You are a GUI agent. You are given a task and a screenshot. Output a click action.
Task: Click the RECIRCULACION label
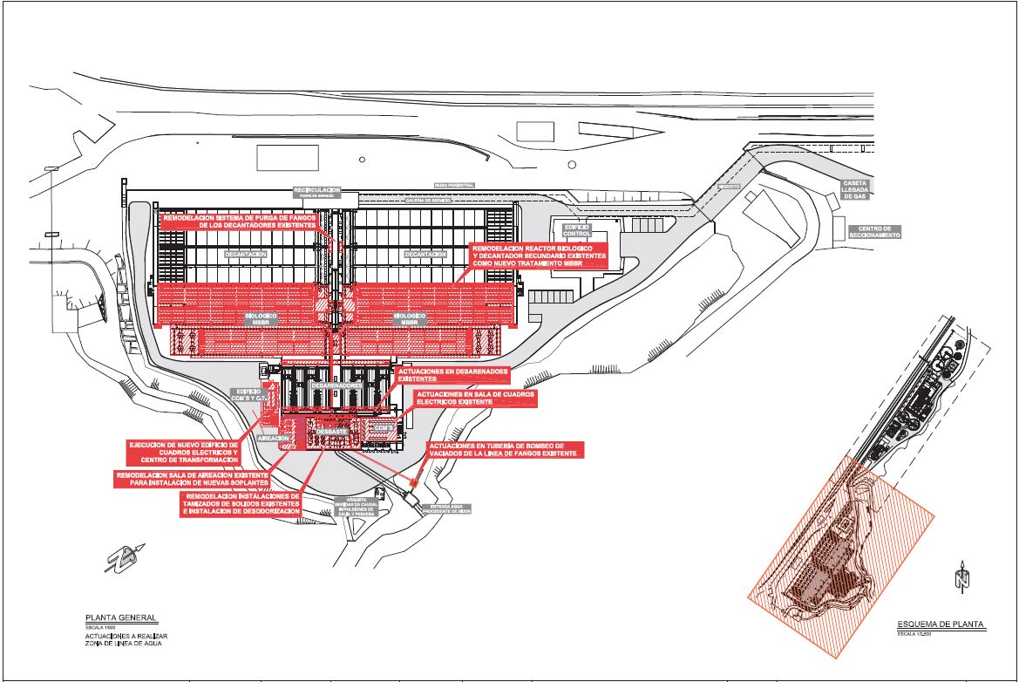[316, 190]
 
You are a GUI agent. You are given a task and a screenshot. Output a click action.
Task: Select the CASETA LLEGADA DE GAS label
[854, 190]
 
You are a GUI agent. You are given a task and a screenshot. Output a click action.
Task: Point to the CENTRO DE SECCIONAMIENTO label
[874, 231]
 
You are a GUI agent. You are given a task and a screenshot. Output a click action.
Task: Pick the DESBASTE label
[332, 431]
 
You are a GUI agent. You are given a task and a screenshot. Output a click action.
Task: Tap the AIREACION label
[272, 439]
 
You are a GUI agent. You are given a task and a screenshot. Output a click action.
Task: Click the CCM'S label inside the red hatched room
[382, 429]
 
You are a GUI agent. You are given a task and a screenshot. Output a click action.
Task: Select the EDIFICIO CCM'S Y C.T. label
[248, 396]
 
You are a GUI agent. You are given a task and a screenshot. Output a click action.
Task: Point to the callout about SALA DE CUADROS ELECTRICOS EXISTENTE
[475, 399]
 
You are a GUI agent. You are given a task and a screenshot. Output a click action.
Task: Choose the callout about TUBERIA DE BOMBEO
[503, 450]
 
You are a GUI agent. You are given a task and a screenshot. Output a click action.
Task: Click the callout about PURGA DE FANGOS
[240, 221]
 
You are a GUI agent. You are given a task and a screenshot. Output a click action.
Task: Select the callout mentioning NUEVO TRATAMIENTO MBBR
[539, 255]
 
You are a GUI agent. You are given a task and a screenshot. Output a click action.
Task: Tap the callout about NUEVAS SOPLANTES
[192, 479]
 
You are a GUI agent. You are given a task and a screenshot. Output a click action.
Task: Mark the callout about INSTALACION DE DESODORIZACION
[241, 503]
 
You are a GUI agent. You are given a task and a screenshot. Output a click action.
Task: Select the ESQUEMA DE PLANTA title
[941, 624]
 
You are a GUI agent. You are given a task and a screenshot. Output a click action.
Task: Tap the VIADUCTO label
[729, 187]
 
